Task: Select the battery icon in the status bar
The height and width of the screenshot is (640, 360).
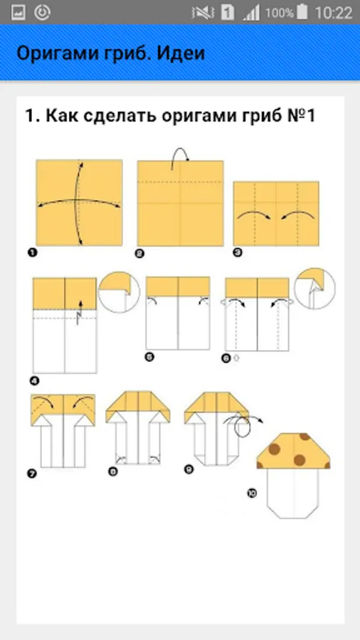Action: click(302, 12)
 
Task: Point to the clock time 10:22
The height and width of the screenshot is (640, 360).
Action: click(334, 13)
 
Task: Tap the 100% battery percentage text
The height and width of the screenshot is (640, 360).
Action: click(280, 13)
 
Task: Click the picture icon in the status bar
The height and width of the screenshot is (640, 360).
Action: click(18, 13)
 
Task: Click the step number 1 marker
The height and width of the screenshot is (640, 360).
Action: click(32, 252)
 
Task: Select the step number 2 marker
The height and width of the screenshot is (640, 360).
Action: click(140, 253)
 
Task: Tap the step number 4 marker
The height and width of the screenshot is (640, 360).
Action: click(35, 381)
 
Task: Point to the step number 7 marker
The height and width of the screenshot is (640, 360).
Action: click(32, 474)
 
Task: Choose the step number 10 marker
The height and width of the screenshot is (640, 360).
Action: click(252, 493)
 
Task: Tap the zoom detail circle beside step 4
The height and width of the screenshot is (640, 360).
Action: click(120, 292)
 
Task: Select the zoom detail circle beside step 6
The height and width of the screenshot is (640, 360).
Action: click(314, 289)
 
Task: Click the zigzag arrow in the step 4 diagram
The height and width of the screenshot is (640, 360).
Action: click(79, 313)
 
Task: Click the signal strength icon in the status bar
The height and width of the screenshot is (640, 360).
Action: click(251, 13)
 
